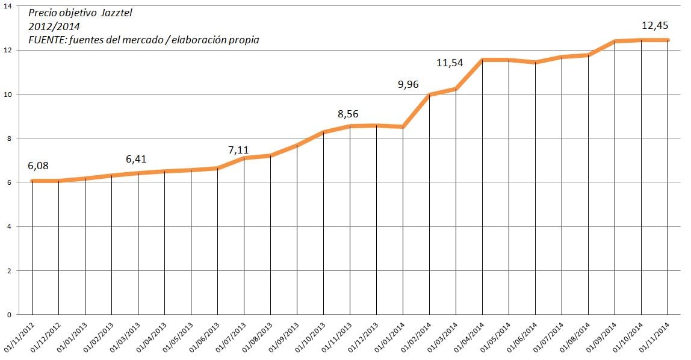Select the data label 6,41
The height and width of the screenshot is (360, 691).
click(136, 160)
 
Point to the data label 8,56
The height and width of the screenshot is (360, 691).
click(349, 114)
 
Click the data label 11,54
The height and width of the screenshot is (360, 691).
click(450, 62)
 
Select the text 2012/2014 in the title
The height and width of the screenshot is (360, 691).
click(54, 26)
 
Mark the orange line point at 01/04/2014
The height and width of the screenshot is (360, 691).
click(482, 60)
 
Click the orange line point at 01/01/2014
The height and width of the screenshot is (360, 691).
click(403, 126)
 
